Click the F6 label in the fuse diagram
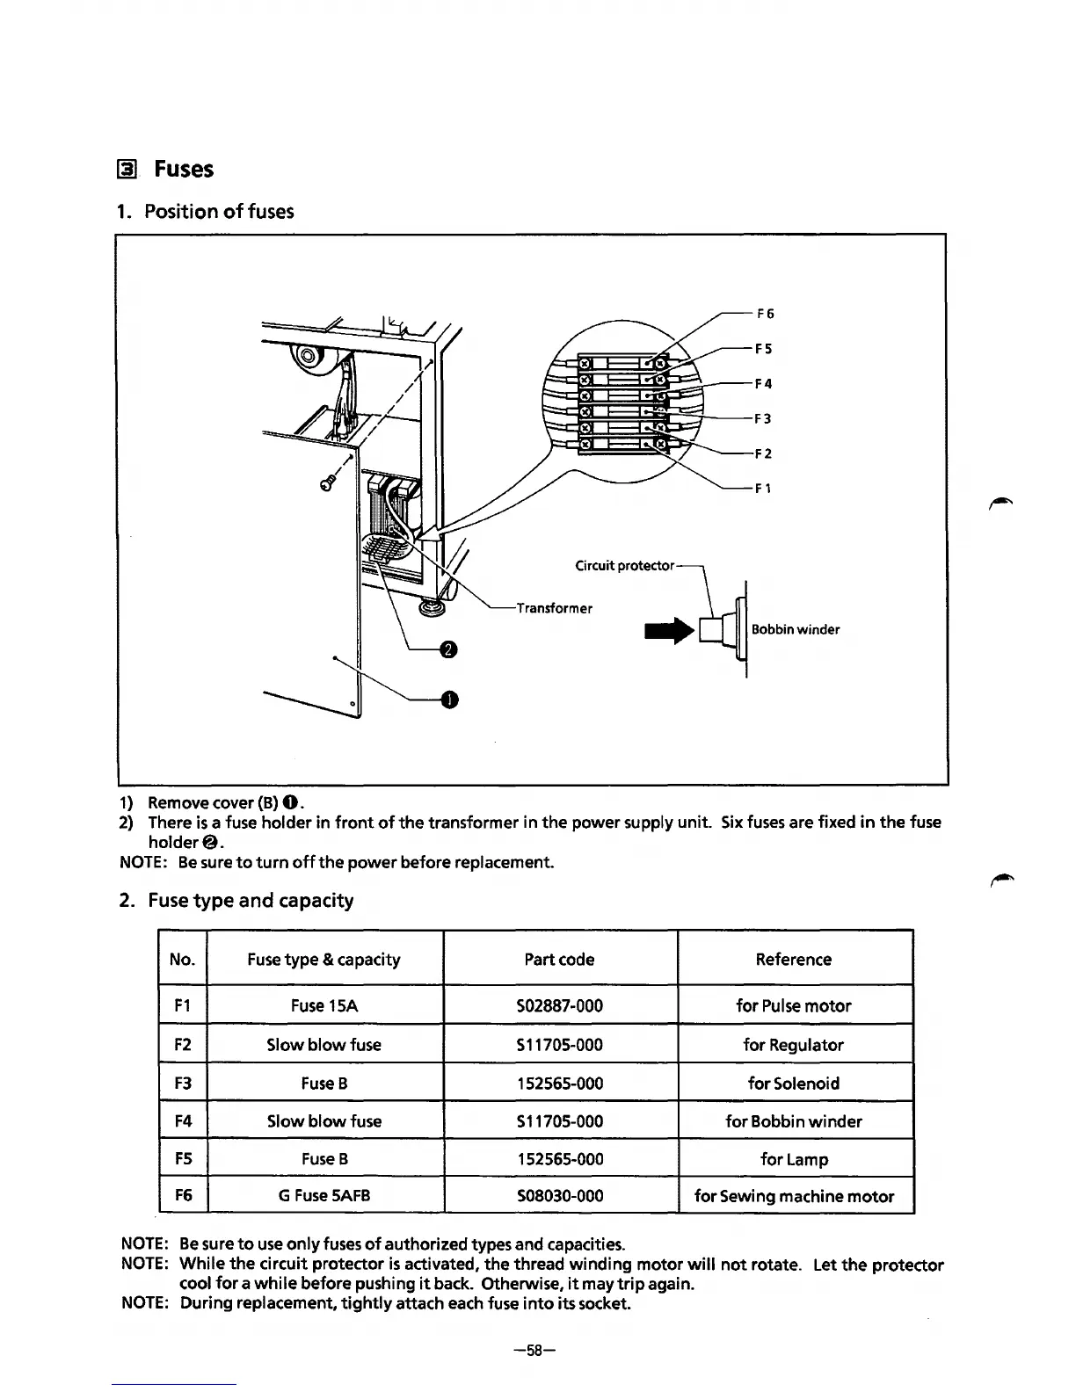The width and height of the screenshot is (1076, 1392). [x=764, y=314]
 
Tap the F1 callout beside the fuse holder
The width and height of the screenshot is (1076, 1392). [x=763, y=489]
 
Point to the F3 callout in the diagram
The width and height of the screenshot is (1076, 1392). [x=763, y=419]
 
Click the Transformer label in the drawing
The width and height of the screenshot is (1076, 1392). [x=554, y=608]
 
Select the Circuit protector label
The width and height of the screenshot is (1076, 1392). [x=624, y=565]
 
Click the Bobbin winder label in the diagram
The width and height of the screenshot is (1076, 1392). [x=795, y=629]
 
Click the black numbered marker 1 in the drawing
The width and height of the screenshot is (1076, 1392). [x=448, y=700]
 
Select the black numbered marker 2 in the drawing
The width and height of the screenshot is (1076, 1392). [x=447, y=649]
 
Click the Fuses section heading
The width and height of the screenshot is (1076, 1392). [x=183, y=170]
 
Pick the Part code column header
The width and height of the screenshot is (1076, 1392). [x=559, y=960]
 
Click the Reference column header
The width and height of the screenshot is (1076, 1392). [x=793, y=960]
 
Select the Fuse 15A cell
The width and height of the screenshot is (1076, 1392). [x=324, y=1006]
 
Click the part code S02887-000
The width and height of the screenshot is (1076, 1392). [x=560, y=1006]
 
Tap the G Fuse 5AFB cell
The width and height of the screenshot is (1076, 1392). [x=324, y=1196]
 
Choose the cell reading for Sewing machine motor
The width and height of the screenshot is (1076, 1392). [x=794, y=1196]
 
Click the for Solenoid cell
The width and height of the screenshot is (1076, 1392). [x=793, y=1084]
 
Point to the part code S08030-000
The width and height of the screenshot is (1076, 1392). [x=560, y=1196]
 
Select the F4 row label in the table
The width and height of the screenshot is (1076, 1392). [x=183, y=1121]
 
